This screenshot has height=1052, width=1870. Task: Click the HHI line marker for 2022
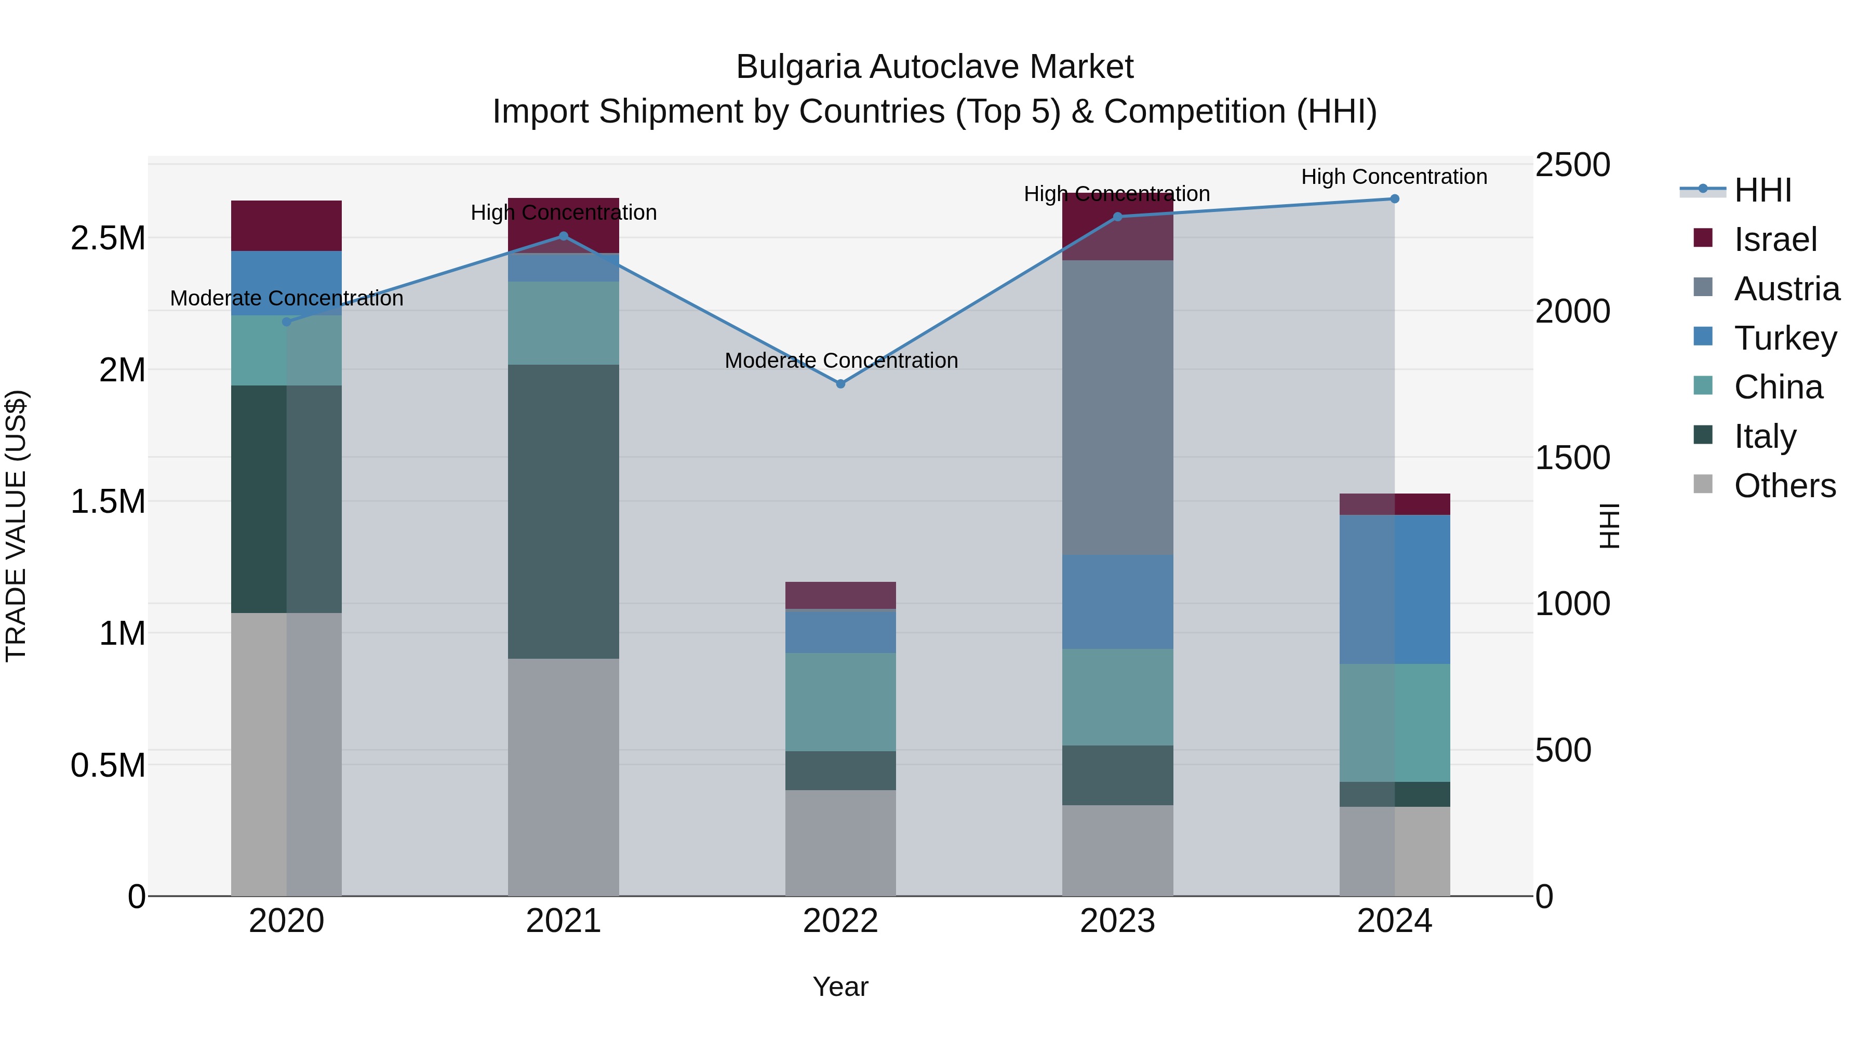(840, 383)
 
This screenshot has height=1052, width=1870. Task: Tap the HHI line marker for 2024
(1395, 198)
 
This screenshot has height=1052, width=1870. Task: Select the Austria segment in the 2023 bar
(1117, 407)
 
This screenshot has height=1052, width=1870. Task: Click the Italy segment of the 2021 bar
(563, 511)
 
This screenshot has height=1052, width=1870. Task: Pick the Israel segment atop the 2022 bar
(840, 595)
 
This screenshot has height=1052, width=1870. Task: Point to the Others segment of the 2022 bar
(840, 842)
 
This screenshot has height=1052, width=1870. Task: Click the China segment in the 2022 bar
(840, 701)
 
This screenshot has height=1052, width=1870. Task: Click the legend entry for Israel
(1774, 239)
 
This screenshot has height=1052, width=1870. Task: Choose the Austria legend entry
(1786, 289)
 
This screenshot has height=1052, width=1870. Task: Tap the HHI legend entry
(1762, 190)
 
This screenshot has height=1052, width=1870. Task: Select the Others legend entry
(1784, 486)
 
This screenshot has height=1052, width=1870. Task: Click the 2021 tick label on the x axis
(563, 921)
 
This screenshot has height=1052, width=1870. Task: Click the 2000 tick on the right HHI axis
(1572, 312)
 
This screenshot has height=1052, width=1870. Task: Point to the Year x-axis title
(840, 987)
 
